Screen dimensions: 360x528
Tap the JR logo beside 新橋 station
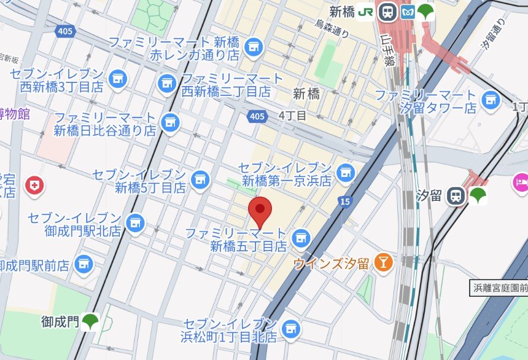tap(367, 11)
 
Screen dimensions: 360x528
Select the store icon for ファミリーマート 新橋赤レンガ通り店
tap(253, 46)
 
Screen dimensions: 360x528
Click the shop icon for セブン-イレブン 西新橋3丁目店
tap(117, 78)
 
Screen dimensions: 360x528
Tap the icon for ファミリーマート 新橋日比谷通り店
tap(170, 123)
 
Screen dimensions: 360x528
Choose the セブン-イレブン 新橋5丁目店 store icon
tap(200, 179)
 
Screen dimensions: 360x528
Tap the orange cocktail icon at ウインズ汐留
tap(384, 262)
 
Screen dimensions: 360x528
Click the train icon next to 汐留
tap(456, 195)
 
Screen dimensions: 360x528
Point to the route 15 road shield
tap(344, 201)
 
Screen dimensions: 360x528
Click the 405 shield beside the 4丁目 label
tap(258, 115)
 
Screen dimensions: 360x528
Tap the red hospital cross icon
tap(34, 186)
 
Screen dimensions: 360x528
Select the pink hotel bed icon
tap(520, 183)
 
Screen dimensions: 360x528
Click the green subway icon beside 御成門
tap(91, 321)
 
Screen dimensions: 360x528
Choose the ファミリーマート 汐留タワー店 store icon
tap(491, 100)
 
